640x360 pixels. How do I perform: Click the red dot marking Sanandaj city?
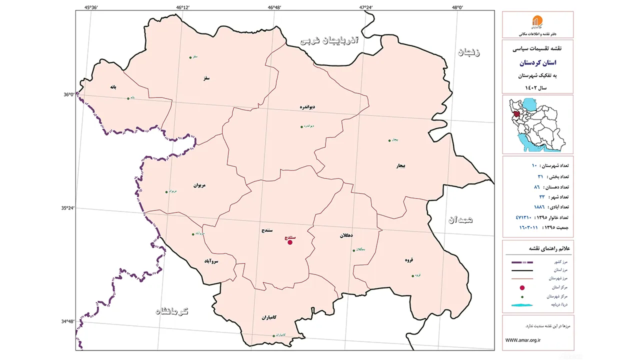(x=290, y=242)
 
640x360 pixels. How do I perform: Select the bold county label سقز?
(x=205, y=78)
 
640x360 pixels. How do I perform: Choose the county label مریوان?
(x=199, y=185)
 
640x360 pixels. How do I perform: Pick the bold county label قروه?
(x=409, y=260)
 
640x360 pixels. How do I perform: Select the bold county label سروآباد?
(x=211, y=261)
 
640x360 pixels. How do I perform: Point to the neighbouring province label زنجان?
(x=468, y=53)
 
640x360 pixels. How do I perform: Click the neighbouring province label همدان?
(x=460, y=219)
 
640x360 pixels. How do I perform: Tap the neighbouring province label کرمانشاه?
(x=172, y=311)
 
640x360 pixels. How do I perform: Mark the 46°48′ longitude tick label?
(x=274, y=7)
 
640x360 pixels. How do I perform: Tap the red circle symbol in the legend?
(x=522, y=288)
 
